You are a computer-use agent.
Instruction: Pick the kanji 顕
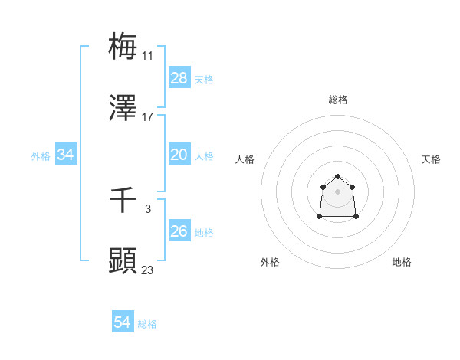(123, 260)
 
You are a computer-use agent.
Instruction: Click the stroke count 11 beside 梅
(147, 56)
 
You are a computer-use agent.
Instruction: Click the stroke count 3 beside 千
(147, 208)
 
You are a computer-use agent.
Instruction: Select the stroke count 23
(147, 270)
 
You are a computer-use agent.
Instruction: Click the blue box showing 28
(179, 78)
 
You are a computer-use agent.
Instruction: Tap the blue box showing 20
(179, 155)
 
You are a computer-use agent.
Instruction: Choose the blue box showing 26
(179, 231)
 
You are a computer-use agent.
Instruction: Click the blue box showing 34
(66, 155)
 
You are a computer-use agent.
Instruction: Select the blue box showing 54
(123, 323)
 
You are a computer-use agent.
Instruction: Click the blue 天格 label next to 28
(204, 79)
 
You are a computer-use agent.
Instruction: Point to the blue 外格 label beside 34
(41, 155)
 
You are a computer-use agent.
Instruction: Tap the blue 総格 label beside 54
(147, 324)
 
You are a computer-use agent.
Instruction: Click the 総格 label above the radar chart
(338, 100)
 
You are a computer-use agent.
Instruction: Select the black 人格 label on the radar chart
(245, 159)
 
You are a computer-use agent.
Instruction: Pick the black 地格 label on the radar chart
(402, 262)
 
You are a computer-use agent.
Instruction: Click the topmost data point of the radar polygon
(337, 177)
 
